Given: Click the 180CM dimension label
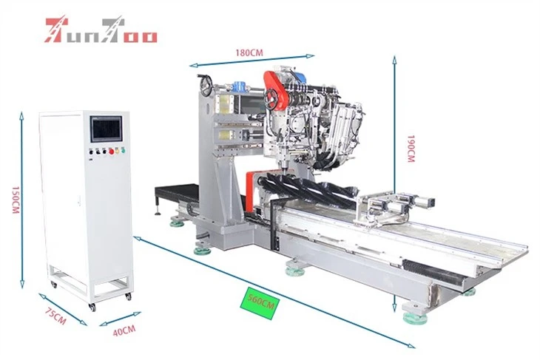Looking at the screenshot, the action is [249, 52].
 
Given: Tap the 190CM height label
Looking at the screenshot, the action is [411, 149].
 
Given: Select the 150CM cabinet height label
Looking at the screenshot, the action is [16, 200].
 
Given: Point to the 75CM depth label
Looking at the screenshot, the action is [55, 316].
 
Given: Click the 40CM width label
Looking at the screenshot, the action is [124, 330].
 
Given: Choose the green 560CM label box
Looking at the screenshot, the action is [260, 303].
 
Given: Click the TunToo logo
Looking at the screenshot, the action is [101, 30].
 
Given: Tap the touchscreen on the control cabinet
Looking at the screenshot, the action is [107, 129].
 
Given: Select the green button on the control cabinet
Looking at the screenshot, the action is [123, 150].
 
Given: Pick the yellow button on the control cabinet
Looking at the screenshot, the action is [117, 151].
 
